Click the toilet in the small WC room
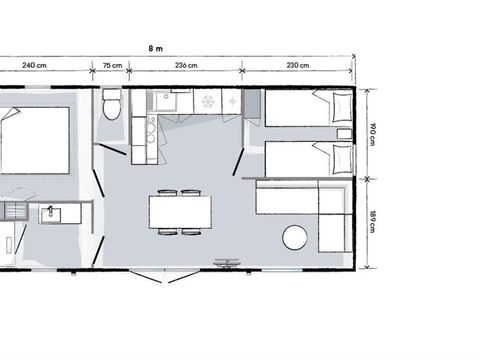point(111,107)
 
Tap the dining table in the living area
point(180,211)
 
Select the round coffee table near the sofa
point(296,238)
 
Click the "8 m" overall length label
point(155,46)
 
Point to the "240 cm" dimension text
point(35,66)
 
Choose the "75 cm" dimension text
point(113,66)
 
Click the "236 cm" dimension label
point(185,66)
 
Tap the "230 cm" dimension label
point(297,66)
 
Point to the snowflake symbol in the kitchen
point(207,102)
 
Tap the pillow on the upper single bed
point(325,107)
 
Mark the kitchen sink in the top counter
point(161,102)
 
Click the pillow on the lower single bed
point(325,157)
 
